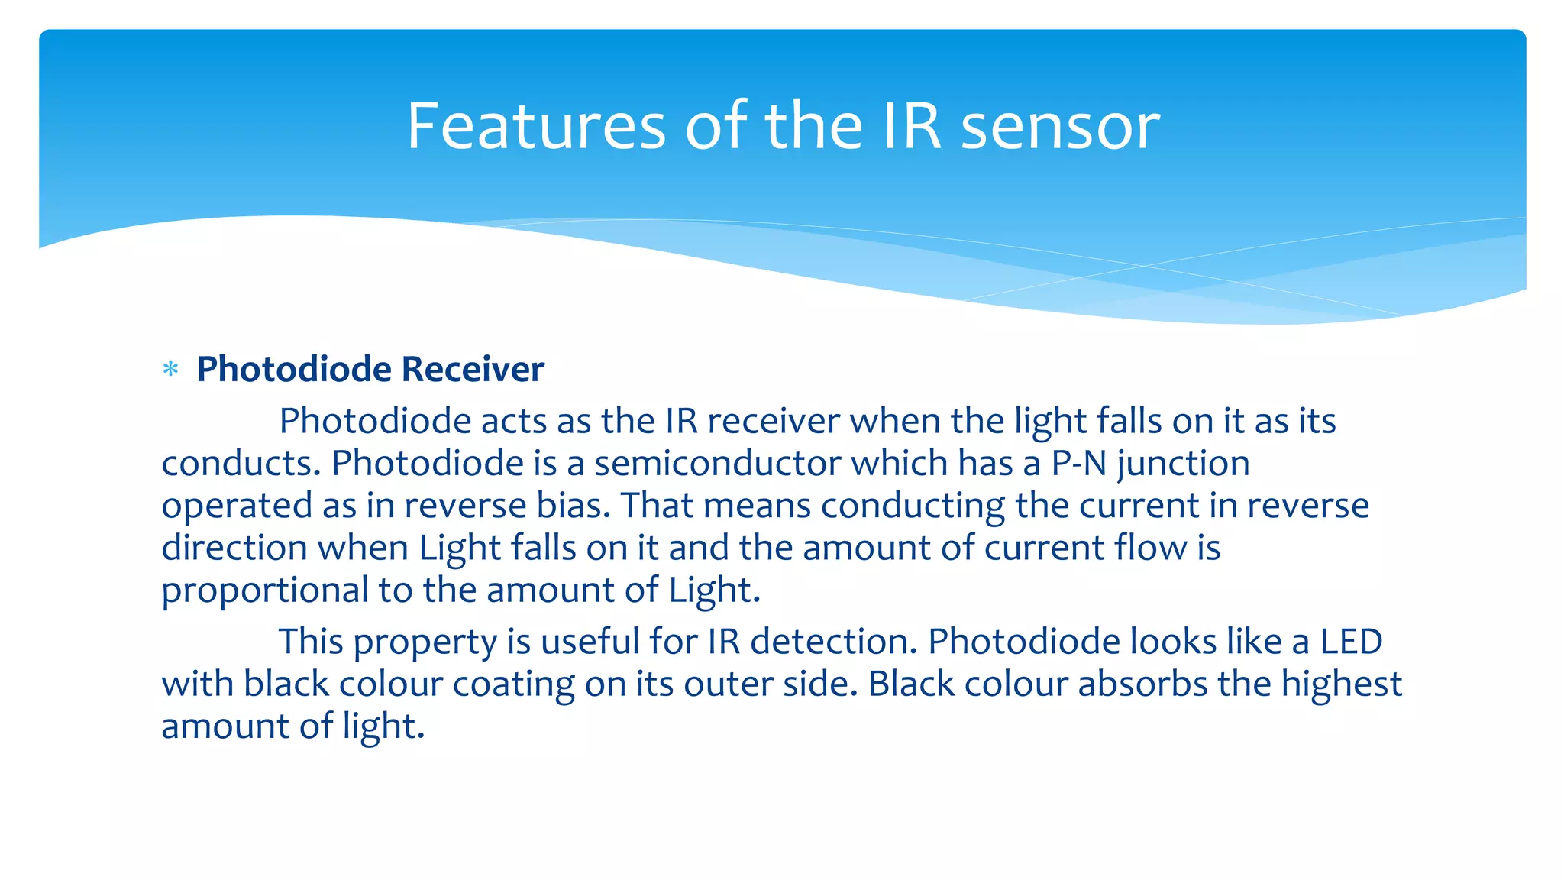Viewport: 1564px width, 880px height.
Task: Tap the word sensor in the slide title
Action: [x=1060, y=126]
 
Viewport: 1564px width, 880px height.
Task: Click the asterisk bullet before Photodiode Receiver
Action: [x=171, y=370]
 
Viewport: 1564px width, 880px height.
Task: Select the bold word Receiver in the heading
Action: [x=473, y=370]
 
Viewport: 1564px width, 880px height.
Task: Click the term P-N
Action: [x=1078, y=464]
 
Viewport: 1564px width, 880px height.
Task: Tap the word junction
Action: [x=1184, y=464]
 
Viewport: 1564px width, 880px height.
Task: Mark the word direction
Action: [x=234, y=548]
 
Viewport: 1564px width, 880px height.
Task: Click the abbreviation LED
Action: [x=1351, y=642]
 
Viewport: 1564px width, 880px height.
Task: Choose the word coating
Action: [x=513, y=684]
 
